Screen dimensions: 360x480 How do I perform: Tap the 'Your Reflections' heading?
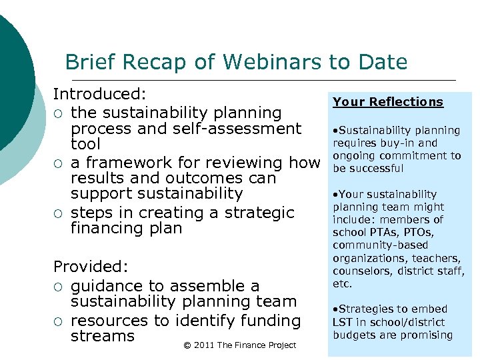tap(388, 102)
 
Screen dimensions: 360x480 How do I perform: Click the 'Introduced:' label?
tap(100, 95)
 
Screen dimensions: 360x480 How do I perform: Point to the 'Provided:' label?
tap(91, 267)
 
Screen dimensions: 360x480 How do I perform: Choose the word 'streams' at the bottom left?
tap(103, 336)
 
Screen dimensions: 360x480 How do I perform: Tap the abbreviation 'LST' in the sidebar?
tap(343, 322)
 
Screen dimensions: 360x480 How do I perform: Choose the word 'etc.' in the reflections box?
tap(342, 283)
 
